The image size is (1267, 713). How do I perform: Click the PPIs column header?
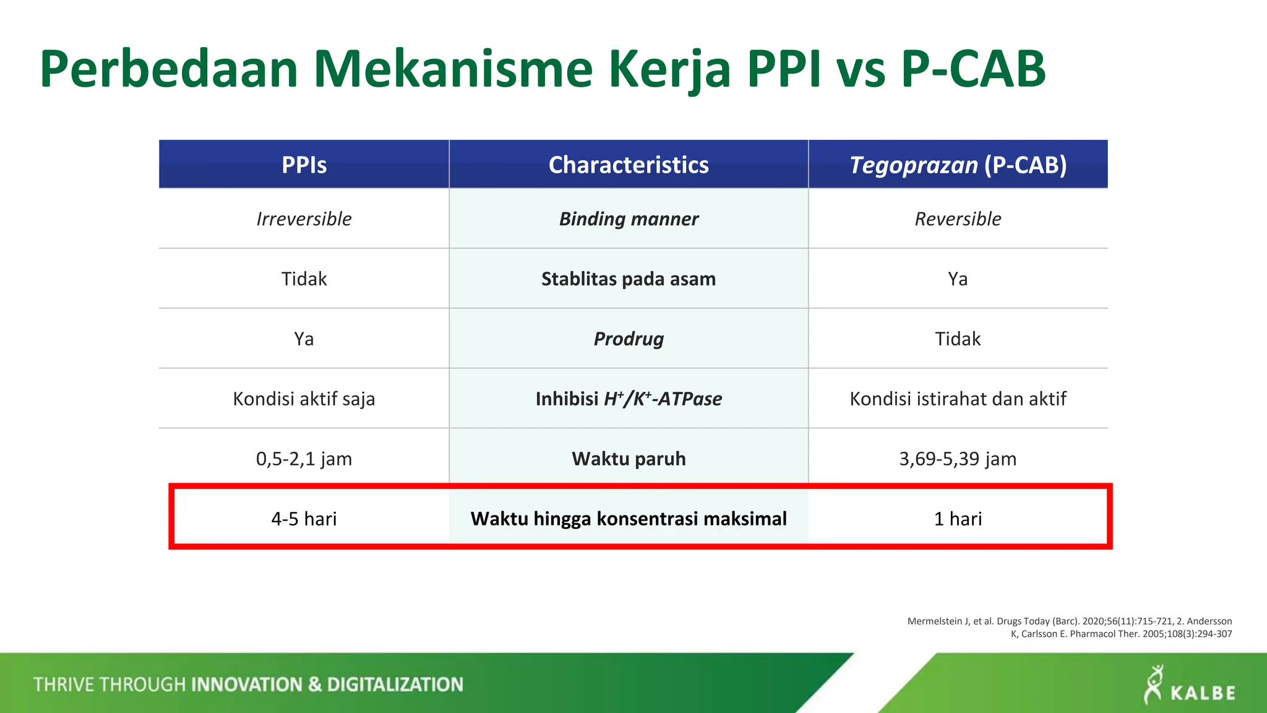point(304,165)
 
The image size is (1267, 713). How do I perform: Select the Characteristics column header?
point(629,165)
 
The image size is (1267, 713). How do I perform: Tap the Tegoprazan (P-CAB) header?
point(958,165)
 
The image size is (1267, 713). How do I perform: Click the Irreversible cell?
point(304,218)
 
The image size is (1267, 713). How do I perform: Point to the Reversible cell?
point(958,218)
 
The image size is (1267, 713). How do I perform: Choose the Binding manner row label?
point(629,218)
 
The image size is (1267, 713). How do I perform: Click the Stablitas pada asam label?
point(629,279)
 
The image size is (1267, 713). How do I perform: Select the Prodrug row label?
point(629,339)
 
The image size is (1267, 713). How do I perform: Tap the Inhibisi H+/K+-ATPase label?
point(629,399)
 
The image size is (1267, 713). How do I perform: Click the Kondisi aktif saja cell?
point(304,399)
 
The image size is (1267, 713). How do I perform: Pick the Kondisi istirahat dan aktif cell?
point(958,399)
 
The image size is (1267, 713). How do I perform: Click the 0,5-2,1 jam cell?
point(304,459)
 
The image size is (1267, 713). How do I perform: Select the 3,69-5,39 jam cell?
point(958,459)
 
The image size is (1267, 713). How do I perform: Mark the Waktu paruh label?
point(629,459)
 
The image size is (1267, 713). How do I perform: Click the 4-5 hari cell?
point(304,519)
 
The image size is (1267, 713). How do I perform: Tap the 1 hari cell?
point(958,519)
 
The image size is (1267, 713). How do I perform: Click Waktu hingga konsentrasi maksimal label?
point(629,519)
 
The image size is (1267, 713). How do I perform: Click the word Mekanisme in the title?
point(453,69)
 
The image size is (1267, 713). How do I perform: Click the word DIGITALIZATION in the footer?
point(395,685)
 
